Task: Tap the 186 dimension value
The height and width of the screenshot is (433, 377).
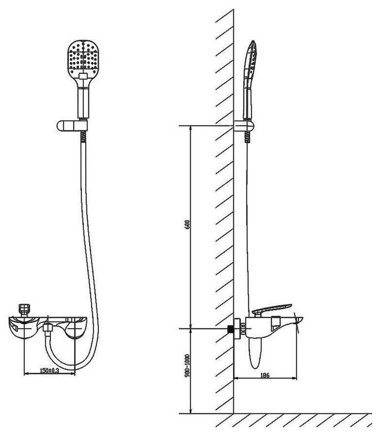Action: coord(265,375)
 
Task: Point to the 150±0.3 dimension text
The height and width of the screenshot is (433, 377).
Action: coord(50,370)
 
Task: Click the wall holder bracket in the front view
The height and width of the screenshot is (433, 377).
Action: coord(72,126)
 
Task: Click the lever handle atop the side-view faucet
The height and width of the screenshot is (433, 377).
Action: coord(271,309)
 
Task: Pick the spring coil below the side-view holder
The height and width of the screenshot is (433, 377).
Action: coord(249,138)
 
